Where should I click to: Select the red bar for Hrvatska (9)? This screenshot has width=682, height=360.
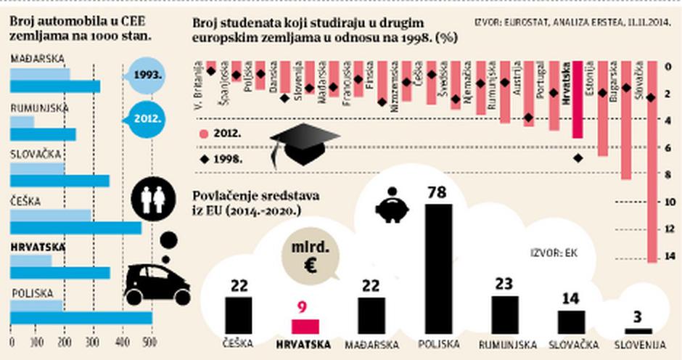point(305,326)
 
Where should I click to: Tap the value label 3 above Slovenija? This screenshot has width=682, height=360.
point(638,316)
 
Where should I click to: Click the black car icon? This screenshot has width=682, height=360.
point(157,284)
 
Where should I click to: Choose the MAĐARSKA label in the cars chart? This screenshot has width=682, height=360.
point(36,59)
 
